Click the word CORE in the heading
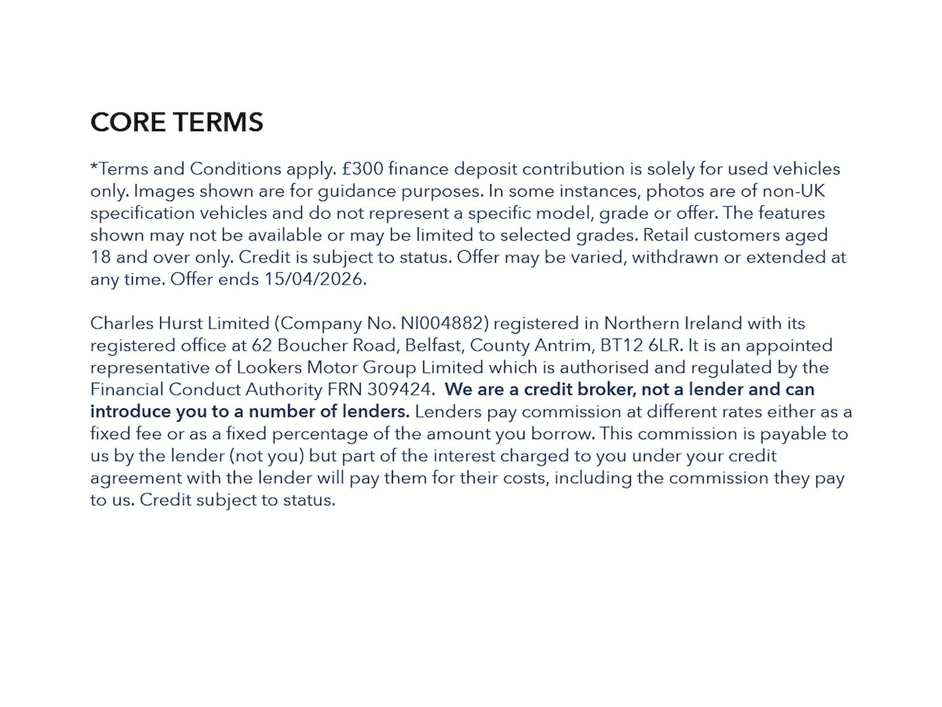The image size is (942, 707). (128, 122)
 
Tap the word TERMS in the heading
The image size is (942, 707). (219, 122)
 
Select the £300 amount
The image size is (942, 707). (362, 169)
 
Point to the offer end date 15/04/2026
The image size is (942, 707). (314, 279)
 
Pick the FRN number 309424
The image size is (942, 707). (400, 390)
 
